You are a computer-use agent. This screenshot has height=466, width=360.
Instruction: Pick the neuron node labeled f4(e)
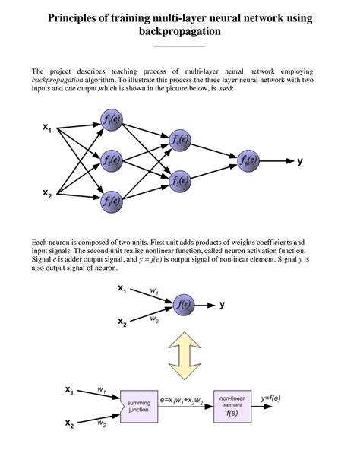point(179,140)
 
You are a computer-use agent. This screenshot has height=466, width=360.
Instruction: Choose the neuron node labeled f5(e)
point(179,180)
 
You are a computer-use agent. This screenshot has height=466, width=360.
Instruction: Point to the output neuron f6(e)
point(248,160)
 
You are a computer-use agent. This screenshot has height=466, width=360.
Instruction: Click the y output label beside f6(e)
point(301,160)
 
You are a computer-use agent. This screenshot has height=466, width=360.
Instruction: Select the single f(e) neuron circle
point(183,305)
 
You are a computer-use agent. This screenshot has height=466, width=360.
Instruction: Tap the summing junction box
point(137,405)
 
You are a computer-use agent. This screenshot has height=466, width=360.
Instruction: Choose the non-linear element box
point(232,405)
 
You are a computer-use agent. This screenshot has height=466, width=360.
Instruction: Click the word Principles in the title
point(79,17)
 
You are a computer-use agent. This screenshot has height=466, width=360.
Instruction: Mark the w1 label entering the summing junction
point(101,389)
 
